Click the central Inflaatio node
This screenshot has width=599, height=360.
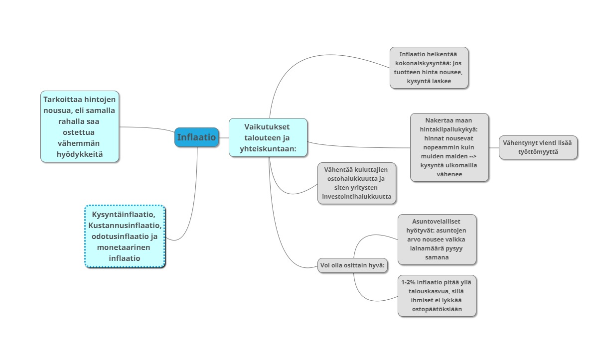point(197,137)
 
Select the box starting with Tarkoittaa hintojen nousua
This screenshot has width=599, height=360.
point(80,126)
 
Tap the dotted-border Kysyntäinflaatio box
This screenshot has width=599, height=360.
point(125,237)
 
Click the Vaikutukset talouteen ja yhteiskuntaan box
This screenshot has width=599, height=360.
point(268,137)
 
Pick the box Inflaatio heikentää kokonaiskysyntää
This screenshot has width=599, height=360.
point(429,68)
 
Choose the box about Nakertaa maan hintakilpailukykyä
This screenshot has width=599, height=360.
point(449,147)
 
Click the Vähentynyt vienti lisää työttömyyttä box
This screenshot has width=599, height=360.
point(538,147)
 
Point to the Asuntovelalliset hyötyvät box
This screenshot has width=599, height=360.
point(437,240)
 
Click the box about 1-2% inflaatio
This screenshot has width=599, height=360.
point(437,296)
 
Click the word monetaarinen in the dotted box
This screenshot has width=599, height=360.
point(125,247)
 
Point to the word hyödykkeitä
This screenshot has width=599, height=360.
point(80,154)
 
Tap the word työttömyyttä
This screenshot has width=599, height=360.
point(538,152)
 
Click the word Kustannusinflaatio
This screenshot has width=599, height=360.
point(125,226)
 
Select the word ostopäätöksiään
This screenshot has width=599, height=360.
point(437,309)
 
